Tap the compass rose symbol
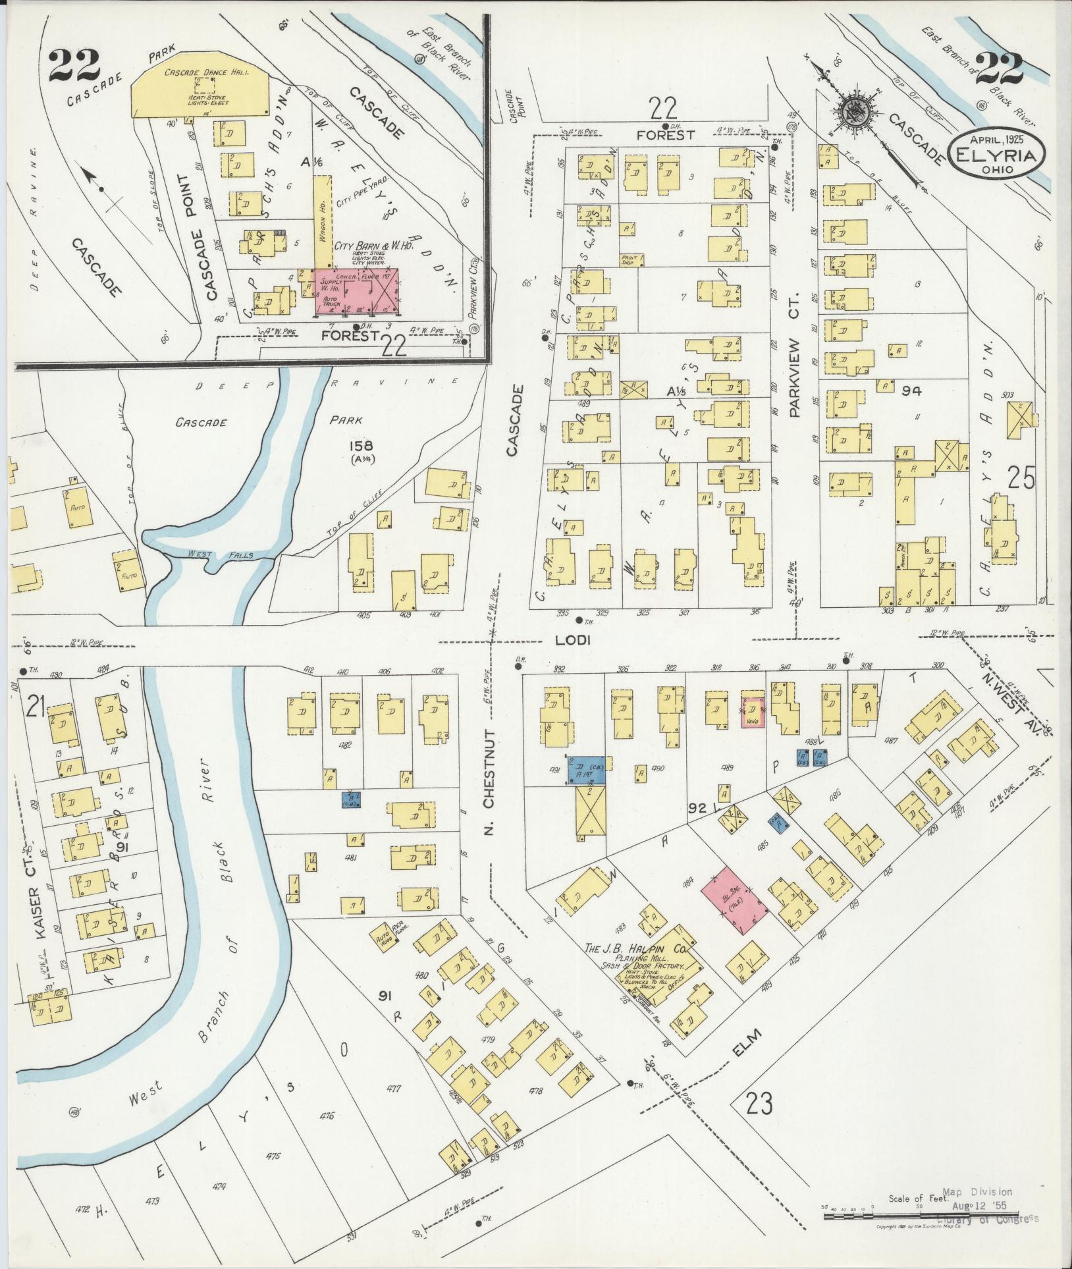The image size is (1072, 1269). (x=853, y=112)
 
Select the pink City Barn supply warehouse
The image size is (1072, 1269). (x=356, y=288)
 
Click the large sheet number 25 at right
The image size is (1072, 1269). (x=1021, y=478)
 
